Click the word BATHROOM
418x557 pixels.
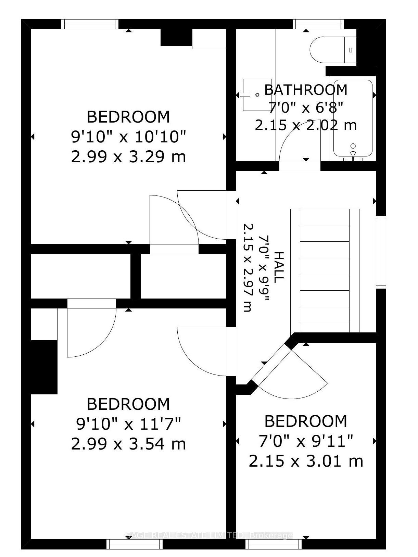pos(306,90)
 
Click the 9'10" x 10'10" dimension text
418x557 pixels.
pos(128,137)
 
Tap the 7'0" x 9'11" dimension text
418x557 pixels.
pos(306,441)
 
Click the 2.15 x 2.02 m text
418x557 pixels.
pos(306,125)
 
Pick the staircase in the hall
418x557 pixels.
pos(325,270)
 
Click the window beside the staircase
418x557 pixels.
pos(381,252)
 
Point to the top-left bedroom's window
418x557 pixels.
pos(90,24)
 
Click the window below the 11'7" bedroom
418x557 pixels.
pos(128,544)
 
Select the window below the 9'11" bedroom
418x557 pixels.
pos(274,544)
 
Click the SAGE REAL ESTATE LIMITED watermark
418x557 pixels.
pos(209,535)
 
